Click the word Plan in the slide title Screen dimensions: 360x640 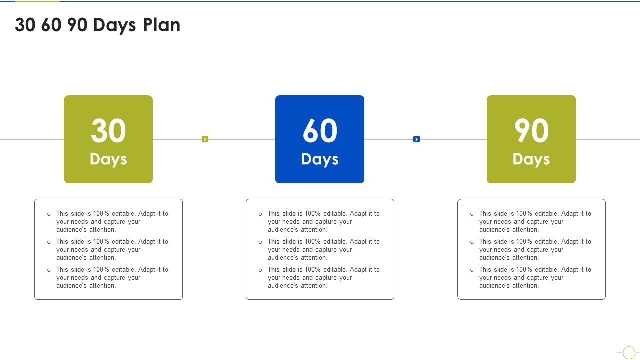coord(162,25)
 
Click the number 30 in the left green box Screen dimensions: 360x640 coord(108,131)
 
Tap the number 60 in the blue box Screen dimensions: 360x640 coord(320,131)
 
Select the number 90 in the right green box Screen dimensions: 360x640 coord(531,131)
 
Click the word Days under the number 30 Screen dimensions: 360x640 coord(108,159)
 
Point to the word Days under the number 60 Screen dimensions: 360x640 coord(320,159)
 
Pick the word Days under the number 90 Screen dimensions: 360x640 coord(531,159)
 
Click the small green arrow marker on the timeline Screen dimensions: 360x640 coord(205,139)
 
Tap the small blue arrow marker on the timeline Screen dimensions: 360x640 coord(416,139)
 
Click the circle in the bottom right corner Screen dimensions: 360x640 coord(629,353)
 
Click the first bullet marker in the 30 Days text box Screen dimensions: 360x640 coord(49,214)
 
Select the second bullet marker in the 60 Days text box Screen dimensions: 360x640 coord(260,242)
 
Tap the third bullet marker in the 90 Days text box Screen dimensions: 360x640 coord(472,270)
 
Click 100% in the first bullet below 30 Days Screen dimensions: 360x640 coord(101,214)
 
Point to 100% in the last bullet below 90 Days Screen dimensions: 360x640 coord(524,270)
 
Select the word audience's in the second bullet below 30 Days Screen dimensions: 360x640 coord(72,258)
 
